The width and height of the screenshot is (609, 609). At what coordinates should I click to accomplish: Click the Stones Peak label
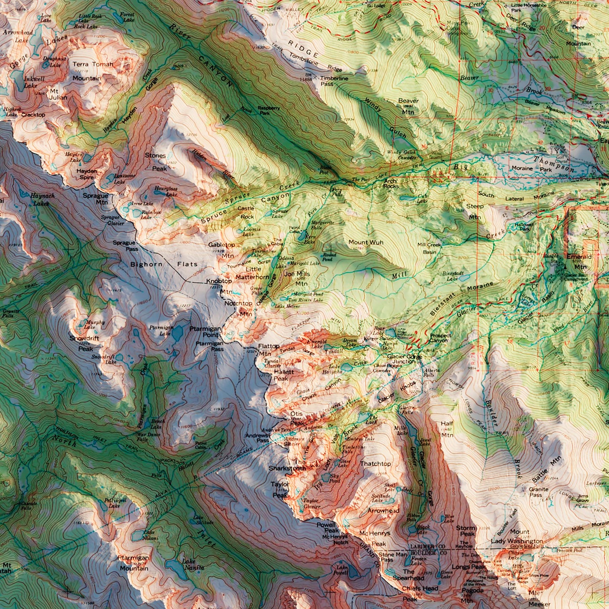[156, 162]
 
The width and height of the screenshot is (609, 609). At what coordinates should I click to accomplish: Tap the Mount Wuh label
[366, 242]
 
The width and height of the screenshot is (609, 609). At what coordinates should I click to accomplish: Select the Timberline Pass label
[334, 81]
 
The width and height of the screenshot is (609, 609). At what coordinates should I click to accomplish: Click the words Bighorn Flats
[164, 264]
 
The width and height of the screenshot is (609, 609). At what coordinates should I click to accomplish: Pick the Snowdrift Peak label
[81, 343]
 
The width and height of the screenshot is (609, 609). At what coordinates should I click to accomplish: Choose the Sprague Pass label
[125, 246]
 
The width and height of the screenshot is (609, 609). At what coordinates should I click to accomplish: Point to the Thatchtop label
[376, 464]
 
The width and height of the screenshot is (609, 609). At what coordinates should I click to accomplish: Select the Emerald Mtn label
[579, 261]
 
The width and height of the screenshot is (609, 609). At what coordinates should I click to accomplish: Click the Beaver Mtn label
[408, 107]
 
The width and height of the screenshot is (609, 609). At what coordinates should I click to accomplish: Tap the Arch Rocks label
[391, 183]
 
